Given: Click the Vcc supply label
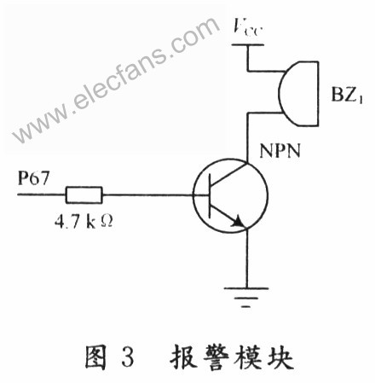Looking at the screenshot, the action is tap(246, 27).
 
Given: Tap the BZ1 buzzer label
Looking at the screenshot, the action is tap(347, 94).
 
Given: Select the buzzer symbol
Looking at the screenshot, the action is tap(298, 94).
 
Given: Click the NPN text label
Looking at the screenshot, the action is tap(280, 150).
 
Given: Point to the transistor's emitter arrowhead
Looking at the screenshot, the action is tap(239, 221).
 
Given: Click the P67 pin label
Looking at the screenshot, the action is tap(33, 178).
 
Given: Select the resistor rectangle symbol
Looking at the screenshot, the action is tap(84, 195).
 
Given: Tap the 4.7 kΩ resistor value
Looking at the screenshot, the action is tap(84, 222).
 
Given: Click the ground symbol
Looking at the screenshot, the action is tap(246, 298).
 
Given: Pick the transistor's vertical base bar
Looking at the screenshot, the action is tap(210, 195).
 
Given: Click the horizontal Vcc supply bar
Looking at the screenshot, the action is tap(248, 44).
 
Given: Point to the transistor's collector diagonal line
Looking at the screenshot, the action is tap(228, 174).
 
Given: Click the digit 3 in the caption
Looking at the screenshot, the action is tap(128, 356).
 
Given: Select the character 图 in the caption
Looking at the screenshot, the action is tap(96, 356).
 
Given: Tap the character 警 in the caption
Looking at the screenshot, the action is tap(216, 356).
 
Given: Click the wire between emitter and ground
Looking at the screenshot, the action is tap(246, 258).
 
